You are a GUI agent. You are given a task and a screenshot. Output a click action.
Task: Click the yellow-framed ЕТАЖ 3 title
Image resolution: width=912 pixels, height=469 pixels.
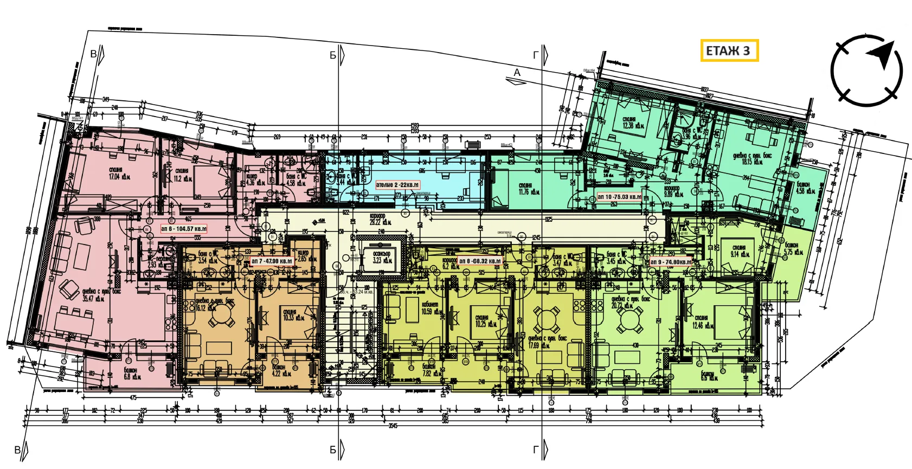click(729, 51)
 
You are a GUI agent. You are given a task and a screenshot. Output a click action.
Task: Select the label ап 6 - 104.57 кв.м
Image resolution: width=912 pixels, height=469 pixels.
click(184, 229)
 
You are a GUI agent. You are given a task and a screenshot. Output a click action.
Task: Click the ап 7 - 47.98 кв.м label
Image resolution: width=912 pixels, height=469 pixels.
click(272, 261)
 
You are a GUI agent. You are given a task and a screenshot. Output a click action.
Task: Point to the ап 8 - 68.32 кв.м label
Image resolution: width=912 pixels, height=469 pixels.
click(480, 261)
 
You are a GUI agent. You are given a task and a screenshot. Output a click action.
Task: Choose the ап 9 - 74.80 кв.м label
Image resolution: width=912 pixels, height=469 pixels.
click(671, 262)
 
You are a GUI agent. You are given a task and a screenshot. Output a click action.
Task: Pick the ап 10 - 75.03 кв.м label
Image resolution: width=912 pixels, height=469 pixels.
click(619, 197)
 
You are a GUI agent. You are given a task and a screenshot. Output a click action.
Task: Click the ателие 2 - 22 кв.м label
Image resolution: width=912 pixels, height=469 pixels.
click(397, 185)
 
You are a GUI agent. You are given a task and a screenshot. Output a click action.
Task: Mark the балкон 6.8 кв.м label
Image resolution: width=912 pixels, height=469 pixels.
click(131, 374)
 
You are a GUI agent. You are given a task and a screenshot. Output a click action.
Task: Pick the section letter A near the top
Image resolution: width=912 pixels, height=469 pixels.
click(517, 73)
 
